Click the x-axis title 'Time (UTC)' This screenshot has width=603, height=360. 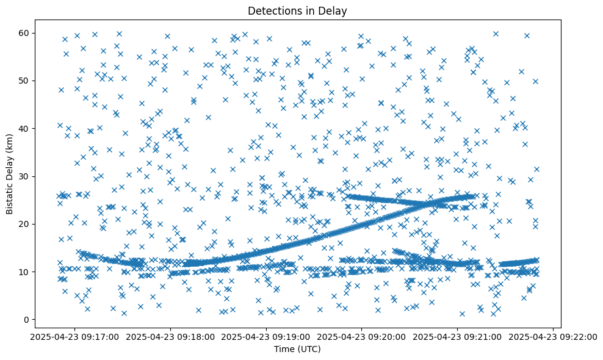[x=297, y=349]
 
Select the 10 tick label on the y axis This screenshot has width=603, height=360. [x=26, y=272]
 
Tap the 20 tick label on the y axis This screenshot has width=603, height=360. [x=26, y=224]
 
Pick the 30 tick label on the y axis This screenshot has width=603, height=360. [x=26, y=176]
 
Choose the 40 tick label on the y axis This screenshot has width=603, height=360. [x=26, y=128]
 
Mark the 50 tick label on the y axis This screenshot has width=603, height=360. [x=26, y=81]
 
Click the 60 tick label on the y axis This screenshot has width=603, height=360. [x=26, y=33]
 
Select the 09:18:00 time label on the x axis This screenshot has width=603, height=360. [x=170, y=336]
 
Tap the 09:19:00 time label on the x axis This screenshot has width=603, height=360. [x=266, y=336]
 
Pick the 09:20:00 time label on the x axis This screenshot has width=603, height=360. [x=362, y=336]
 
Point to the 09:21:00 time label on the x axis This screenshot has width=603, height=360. [x=458, y=336]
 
